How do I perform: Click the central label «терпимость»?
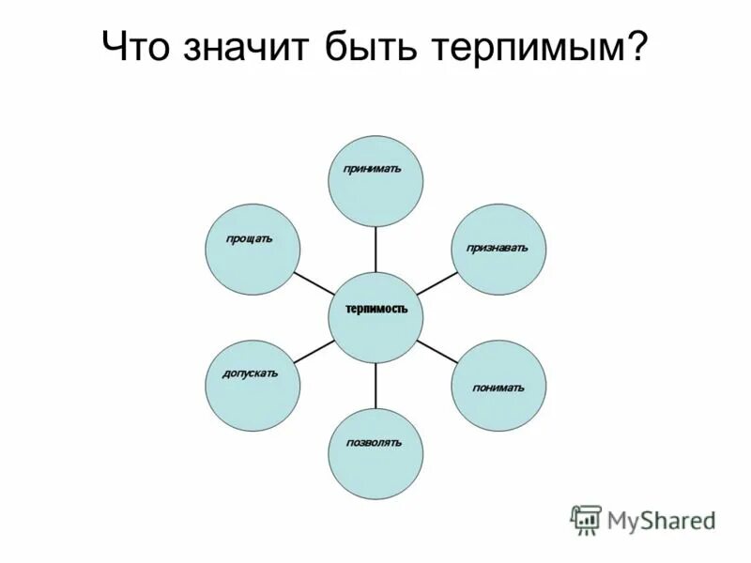point(376,310)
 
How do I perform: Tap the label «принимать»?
point(373,169)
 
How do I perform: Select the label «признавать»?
point(498,249)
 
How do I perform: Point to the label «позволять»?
point(375,442)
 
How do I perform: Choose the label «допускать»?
point(251,373)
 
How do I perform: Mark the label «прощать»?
point(249,237)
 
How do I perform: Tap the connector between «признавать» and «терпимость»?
point(436,281)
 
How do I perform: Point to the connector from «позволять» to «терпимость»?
point(375,386)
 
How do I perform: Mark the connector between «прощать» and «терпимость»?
point(313,284)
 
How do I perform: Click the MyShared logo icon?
point(586,519)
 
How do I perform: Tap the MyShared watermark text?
point(661,519)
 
